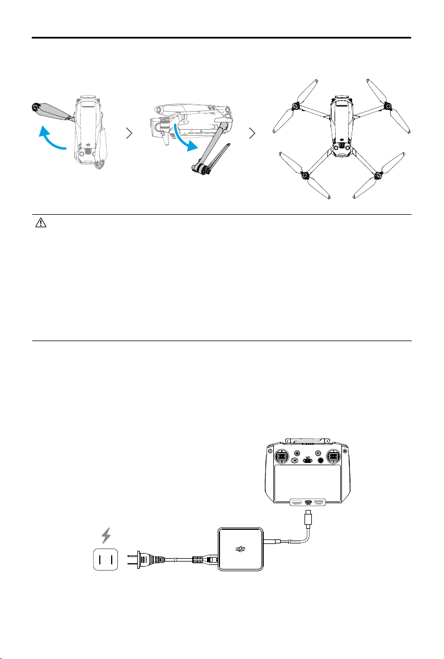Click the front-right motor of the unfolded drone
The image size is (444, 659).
coord(388,105)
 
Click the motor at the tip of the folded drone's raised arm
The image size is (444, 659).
coord(35,106)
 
